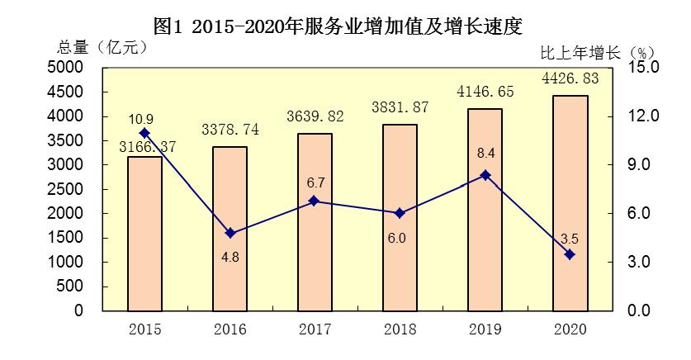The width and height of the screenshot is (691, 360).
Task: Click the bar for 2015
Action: click(144, 234)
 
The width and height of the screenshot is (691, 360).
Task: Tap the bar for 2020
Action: click(570, 203)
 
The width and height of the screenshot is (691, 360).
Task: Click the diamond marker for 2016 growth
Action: click(230, 234)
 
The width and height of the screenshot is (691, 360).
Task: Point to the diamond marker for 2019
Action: click(485, 175)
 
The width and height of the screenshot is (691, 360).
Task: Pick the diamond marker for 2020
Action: click(570, 254)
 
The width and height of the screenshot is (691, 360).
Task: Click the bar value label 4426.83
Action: click(570, 79)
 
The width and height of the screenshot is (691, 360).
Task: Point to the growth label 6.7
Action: click(315, 182)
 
